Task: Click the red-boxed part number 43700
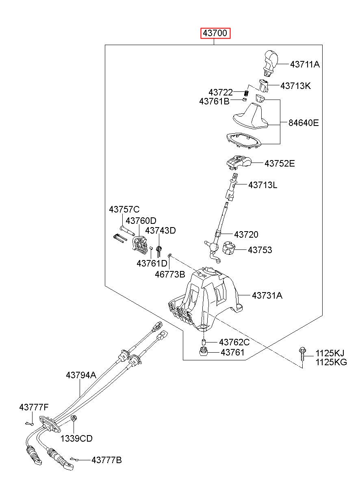click(x=215, y=33)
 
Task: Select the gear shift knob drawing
click(x=271, y=63)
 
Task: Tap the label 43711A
click(x=305, y=64)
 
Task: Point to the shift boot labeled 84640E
click(x=250, y=116)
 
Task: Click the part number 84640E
click(x=304, y=123)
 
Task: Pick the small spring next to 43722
click(x=247, y=93)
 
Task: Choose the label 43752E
click(x=280, y=163)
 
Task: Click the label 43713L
click(x=263, y=185)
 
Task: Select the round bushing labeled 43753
click(x=228, y=247)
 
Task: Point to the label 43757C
click(x=124, y=209)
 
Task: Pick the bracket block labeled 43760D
click(x=140, y=245)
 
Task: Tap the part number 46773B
click(x=170, y=274)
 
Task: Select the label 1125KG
click(x=331, y=362)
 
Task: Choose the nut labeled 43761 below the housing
click(x=204, y=352)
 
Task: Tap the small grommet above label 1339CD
click(x=74, y=418)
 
